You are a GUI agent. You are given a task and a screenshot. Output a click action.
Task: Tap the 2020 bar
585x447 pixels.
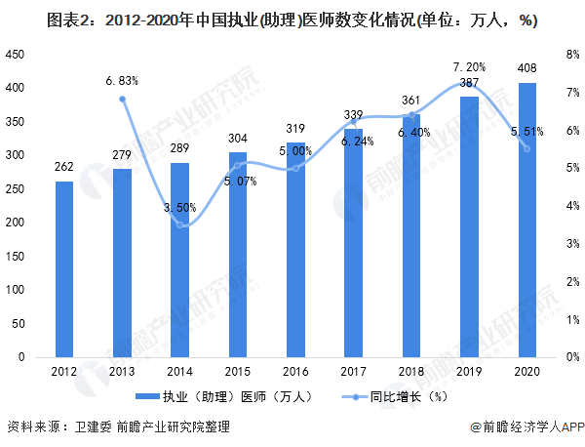click(527, 221)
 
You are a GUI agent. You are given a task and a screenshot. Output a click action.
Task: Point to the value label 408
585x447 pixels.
click(527, 69)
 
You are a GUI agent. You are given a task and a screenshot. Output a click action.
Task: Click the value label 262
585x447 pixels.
click(64, 167)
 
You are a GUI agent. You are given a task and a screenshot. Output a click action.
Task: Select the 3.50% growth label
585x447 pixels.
click(180, 207)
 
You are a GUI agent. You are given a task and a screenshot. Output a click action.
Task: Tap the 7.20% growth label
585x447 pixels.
click(470, 67)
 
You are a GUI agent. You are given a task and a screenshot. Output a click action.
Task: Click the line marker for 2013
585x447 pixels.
click(123, 99)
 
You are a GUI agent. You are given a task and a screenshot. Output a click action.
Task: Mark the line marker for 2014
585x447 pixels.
click(180, 225)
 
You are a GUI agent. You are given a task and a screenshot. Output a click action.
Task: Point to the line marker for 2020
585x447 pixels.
click(527, 148)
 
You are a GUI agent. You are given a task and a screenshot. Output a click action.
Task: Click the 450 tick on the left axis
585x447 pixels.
click(15, 56)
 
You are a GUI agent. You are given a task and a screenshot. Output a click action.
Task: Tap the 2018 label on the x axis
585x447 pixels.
click(411, 372)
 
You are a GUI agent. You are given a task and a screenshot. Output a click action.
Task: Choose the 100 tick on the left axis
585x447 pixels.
click(15, 290)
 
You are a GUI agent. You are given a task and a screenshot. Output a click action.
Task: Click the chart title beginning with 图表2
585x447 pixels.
click(292, 20)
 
